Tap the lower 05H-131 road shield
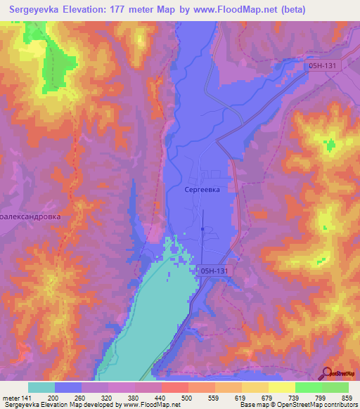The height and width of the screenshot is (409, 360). (216, 270)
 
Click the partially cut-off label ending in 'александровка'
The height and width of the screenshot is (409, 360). (30, 217)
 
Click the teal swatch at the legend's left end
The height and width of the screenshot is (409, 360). (41, 387)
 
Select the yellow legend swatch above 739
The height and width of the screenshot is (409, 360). (281, 387)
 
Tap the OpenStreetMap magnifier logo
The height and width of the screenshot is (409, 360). (328, 372)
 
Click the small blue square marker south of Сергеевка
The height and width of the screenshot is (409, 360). (202, 228)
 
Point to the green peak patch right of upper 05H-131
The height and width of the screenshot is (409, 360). (330, 145)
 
